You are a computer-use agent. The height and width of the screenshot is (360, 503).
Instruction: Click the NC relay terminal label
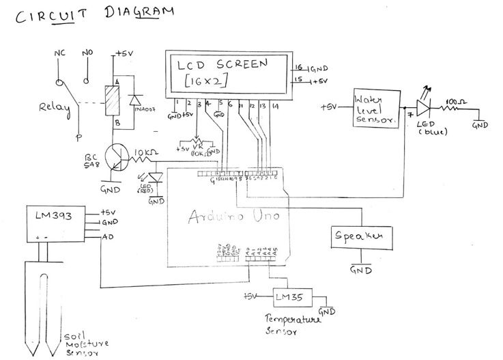coord(59,53)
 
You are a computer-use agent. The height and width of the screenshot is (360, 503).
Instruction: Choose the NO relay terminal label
coord(87,53)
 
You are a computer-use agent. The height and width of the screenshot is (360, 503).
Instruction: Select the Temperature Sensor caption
coord(291,326)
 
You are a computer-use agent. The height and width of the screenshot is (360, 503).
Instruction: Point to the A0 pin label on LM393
coord(107,237)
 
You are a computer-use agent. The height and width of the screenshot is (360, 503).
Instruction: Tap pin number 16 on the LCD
coord(298,67)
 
